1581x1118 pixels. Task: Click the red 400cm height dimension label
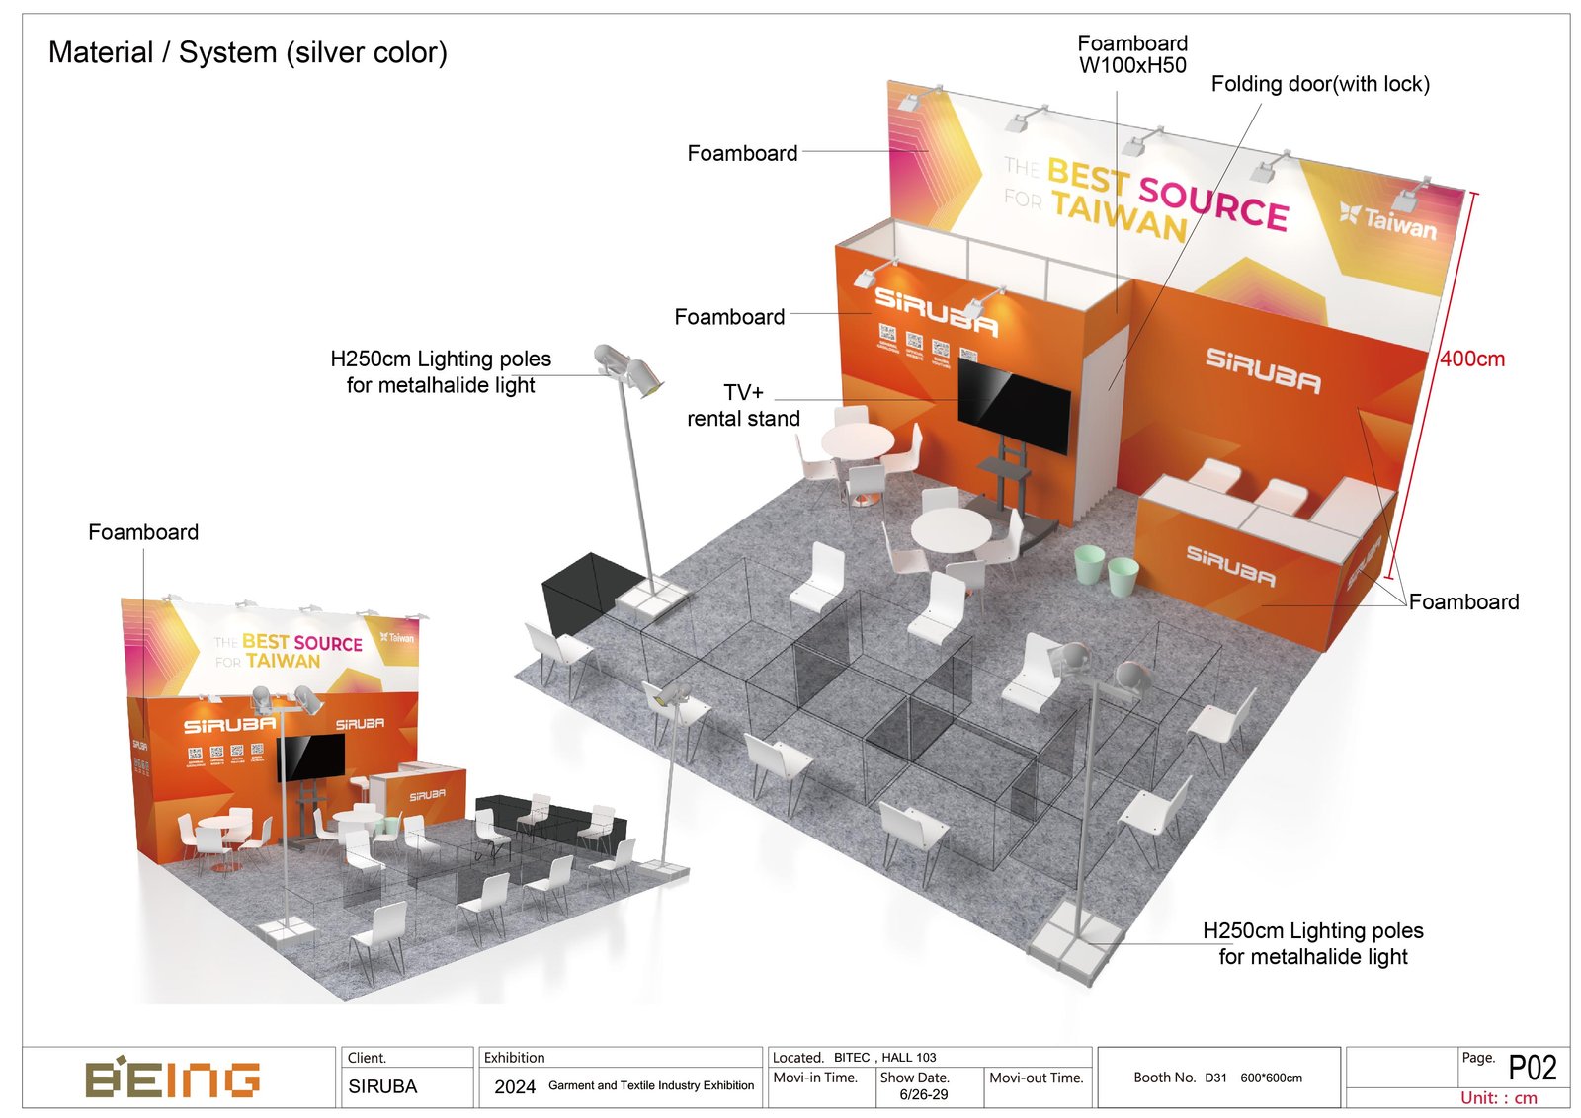tap(1471, 359)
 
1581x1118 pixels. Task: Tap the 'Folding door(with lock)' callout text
tap(1319, 85)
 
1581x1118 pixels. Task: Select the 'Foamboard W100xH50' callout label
tap(1132, 54)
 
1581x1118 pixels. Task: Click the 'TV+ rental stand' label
tap(743, 406)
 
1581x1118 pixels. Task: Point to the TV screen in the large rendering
tap(1014, 406)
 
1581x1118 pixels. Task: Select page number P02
tap(1532, 1069)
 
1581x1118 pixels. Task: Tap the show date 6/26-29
tap(923, 1094)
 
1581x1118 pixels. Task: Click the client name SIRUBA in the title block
tap(382, 1086)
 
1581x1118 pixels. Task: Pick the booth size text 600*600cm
tap(1271, 1078)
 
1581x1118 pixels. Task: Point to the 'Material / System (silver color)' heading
tap(248, 52)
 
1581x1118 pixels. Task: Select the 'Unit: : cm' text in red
tap(1498, 1098)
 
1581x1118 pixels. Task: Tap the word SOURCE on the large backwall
tap(1213, 203)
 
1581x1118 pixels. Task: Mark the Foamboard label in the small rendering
tap(143, 533)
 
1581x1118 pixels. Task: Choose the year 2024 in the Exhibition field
tap(514, 1086)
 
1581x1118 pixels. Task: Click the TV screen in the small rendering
tap(312, 757)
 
